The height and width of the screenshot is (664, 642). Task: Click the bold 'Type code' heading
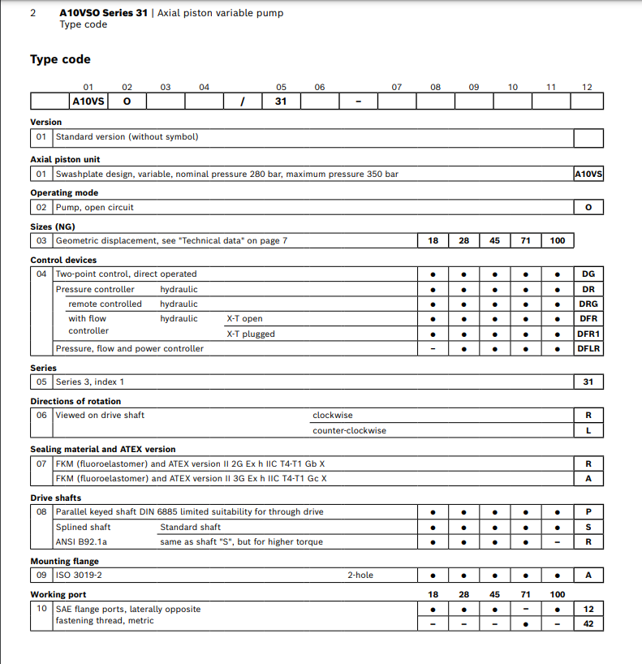click(x=60, y=59)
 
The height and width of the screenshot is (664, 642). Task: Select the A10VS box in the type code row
click(x=88, y=101)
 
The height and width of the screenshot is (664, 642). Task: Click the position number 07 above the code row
click(x=396, y=87)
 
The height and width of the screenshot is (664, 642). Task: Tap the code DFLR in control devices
click(x=588, y=348)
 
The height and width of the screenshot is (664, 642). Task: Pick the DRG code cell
click(x=588, y=304)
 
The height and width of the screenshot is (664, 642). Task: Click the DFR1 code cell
click(x=588, y=334)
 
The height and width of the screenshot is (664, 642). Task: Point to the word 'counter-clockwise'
click(x=349, y=430)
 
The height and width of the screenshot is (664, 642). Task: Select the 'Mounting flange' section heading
click(x=64, y=561)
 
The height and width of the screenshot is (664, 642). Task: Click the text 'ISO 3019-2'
click(x=79, y=575)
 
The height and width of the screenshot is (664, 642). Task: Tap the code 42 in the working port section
click(x=588, y=623)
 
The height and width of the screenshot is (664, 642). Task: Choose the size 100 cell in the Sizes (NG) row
click(x=557, y=240)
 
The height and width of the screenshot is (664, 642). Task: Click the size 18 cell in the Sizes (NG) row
click(x=433, y=240)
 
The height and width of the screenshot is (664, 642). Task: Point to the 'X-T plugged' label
click(x=250, y=334)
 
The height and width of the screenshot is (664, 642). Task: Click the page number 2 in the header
click(x=32, y=13)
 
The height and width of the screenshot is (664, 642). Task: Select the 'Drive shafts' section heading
click(x=55, y=498)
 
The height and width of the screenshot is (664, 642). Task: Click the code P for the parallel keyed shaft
click(x=588, y=512)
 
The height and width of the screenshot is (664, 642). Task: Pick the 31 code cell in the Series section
click(x=588, y=382)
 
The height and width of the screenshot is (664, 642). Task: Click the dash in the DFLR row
click(x=433, y=349)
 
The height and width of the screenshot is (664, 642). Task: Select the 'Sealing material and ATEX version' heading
click(x=102, y=449)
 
